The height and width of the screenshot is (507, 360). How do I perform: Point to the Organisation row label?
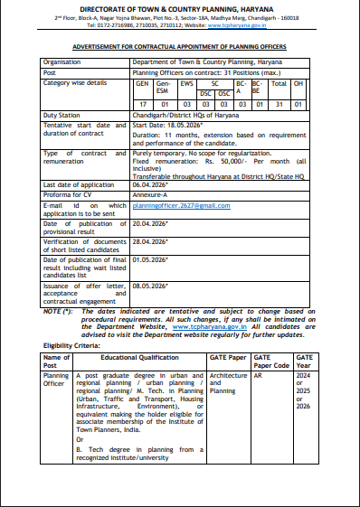click(62, 61)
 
